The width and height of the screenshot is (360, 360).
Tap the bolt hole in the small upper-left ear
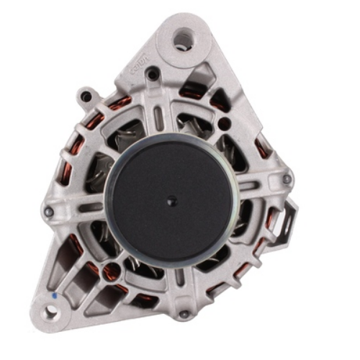[87, 94]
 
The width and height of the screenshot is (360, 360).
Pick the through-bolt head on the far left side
[48, 212]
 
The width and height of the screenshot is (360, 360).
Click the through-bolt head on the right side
[287, 179]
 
